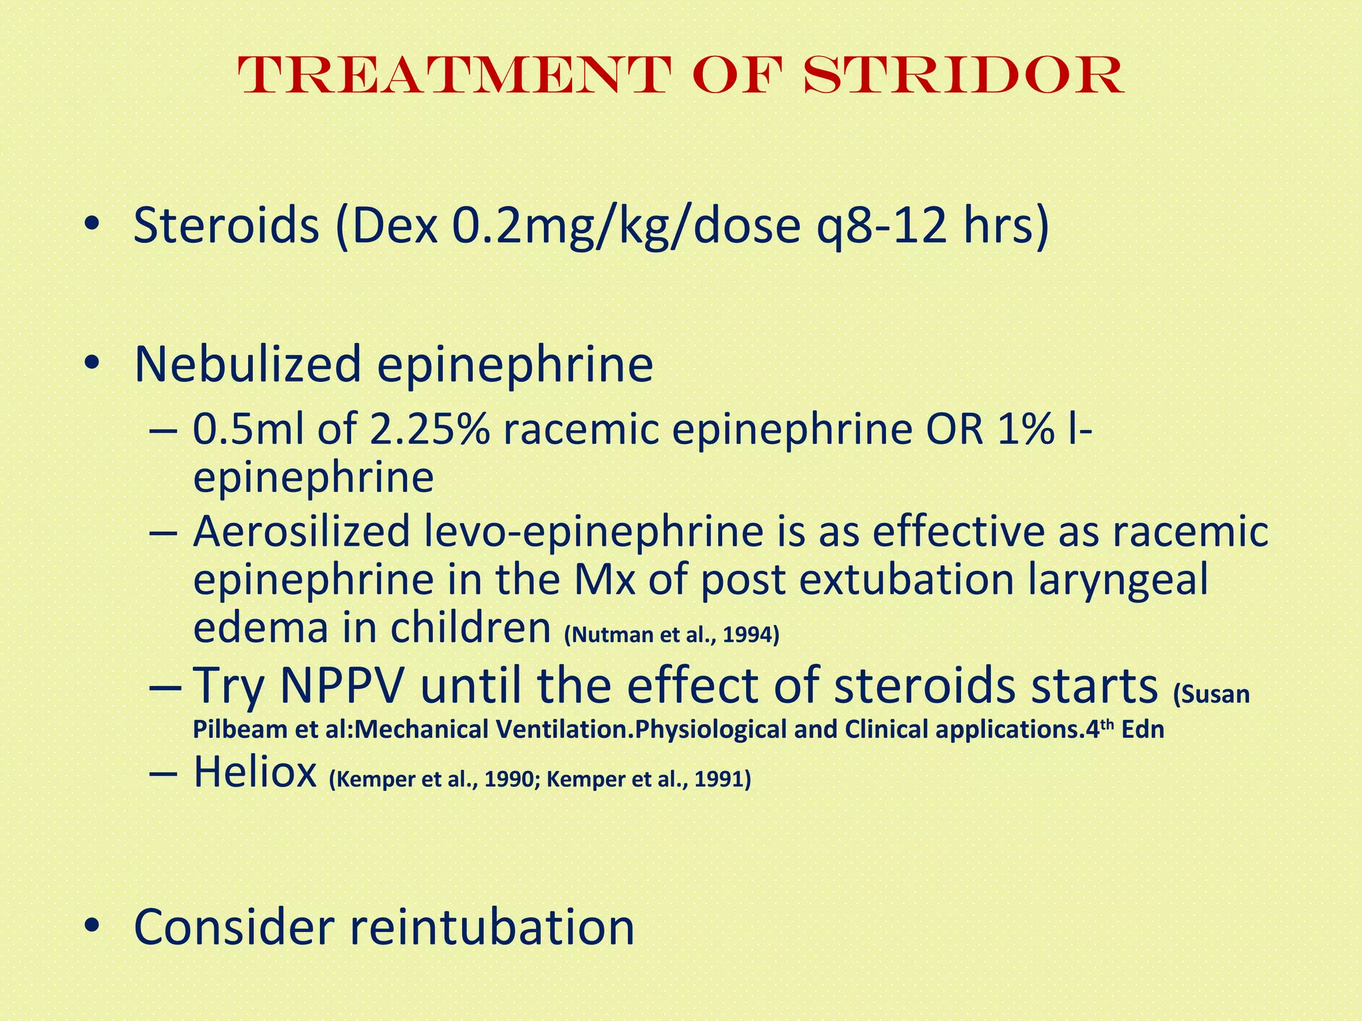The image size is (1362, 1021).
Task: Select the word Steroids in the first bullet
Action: point(227,226)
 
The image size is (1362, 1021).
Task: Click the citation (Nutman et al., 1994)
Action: point(671,635)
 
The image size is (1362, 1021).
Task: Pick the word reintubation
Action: point(492,927)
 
